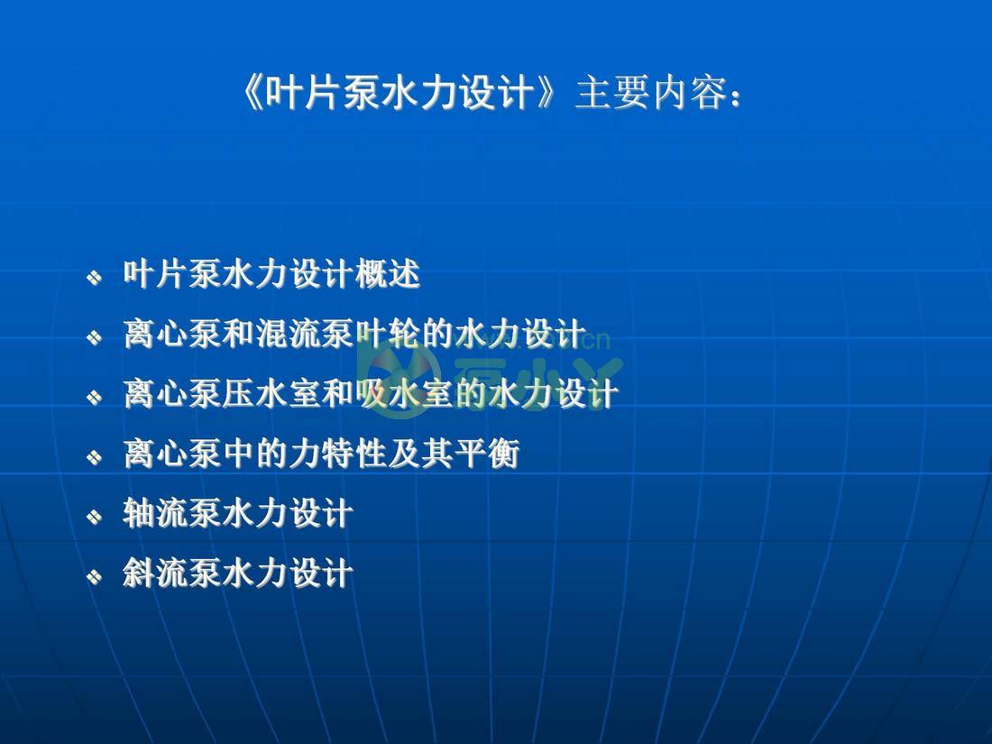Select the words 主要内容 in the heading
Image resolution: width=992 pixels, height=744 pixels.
coord(648,94)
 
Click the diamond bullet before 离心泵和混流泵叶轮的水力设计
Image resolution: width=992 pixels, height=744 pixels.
coord(94,337)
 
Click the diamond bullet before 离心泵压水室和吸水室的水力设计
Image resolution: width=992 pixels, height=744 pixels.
coord(94,398)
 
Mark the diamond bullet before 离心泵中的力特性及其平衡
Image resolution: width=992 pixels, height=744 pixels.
coord(94,457)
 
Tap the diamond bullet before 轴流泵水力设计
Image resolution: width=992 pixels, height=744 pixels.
coord(94,517)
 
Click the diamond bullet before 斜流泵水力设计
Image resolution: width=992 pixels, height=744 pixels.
coord(94,576)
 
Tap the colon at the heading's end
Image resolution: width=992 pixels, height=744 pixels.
coord(737,96)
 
